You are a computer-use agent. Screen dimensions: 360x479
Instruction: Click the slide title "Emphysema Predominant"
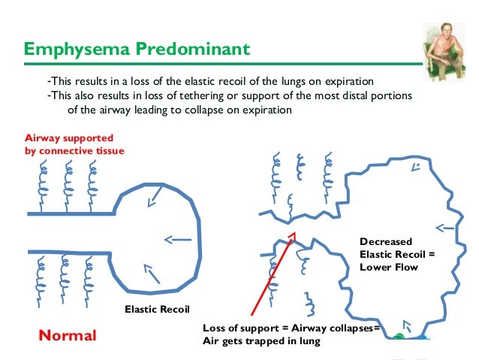tap(137, 50)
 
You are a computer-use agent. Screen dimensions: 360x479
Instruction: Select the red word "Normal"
tap(68, 335)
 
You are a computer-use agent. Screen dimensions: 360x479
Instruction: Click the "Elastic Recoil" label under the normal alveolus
tap(158, 309)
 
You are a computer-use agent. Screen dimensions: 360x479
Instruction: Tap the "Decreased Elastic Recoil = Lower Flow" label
tap(397, 254)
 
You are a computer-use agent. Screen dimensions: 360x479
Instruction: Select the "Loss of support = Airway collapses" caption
tap(292, 328)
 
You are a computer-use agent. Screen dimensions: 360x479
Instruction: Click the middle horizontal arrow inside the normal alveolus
tap(177, 241)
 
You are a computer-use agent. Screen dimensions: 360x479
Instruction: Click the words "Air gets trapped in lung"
tap(261, 341)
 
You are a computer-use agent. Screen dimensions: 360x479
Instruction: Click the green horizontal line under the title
tap(225, 63)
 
